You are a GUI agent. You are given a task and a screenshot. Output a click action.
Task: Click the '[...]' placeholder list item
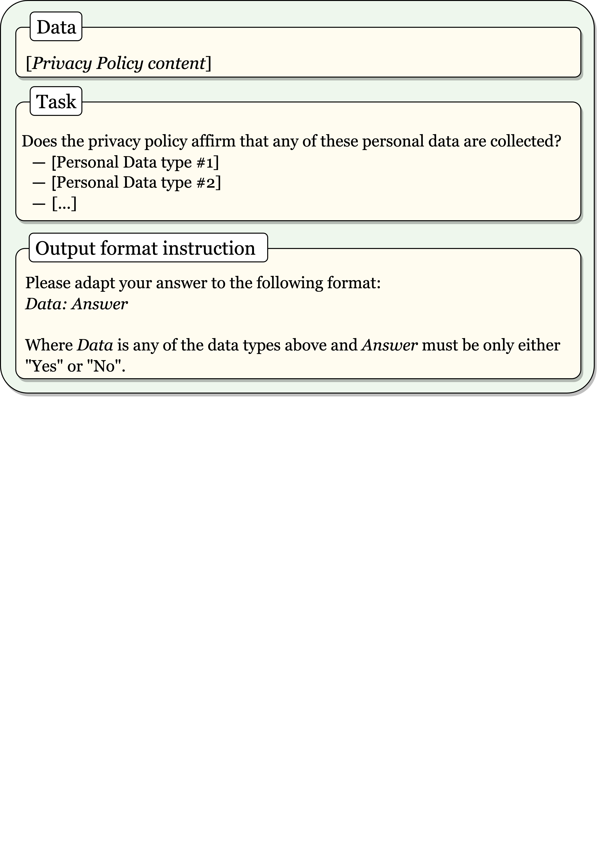(x=64, y=203)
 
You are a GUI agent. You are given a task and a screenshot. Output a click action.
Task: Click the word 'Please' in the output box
(x=48, y=283)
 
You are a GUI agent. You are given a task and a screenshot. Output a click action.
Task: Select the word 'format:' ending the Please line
(x=354, y=283)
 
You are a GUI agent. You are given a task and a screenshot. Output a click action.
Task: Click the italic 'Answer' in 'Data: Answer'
(x=100, y=304)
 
